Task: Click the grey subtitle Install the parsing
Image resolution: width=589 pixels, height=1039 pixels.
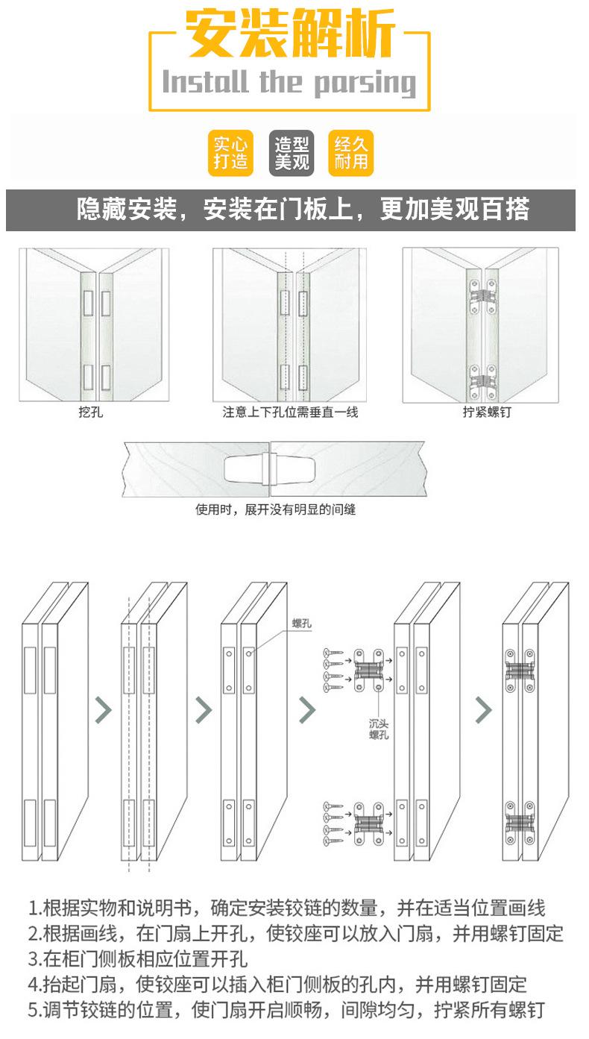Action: pyautogui.click(x=289, y=81)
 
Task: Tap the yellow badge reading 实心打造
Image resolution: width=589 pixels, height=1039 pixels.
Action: pyautogui.click(x=230, y=154)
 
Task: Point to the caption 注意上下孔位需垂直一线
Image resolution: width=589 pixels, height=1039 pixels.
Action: pyautogui.click(x=290, y=412)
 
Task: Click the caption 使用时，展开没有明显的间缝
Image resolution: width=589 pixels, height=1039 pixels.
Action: pyautogui.click(x=276, y=511)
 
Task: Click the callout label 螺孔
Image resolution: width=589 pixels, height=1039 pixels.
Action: pyautogui.click(x=301, y=624)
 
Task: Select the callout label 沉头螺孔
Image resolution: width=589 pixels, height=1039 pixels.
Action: pyautogui.click(x=379, y=729)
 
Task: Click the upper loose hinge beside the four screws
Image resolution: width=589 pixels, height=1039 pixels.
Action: pyautogui.click(x=369, y=668)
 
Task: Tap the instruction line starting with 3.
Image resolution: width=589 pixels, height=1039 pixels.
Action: pyautogui.click(x=138, y=958)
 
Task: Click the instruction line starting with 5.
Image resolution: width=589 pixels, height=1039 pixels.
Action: pyautogui.click(x=287, y=1011)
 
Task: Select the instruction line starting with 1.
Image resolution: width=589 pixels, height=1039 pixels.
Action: pyautogui.click(x=287, y=908)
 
